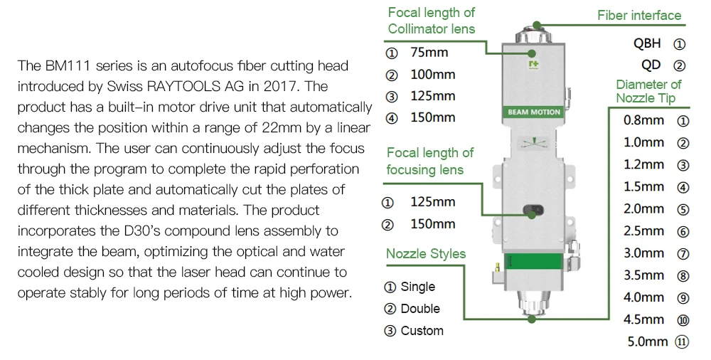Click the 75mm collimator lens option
tap(429, 53)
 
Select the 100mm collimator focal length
tap(432, 75)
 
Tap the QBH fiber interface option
tap(647, 43)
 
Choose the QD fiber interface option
tap(651, 65)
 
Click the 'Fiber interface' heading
tap(638, 16)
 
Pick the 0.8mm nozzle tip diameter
tap(643, 120)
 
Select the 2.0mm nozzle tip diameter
tap(643, 209)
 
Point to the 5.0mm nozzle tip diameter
tap(648, 342)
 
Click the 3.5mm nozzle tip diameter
tap(643, 275)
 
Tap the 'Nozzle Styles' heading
tap(426, 254)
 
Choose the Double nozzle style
tap(420, 309)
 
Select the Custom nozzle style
tap(422, 331)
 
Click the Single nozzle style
tap(417, 287)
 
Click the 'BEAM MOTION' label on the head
tap(534, 112)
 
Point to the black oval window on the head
tap(533, 210)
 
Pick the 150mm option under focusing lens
tap(432, 224)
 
